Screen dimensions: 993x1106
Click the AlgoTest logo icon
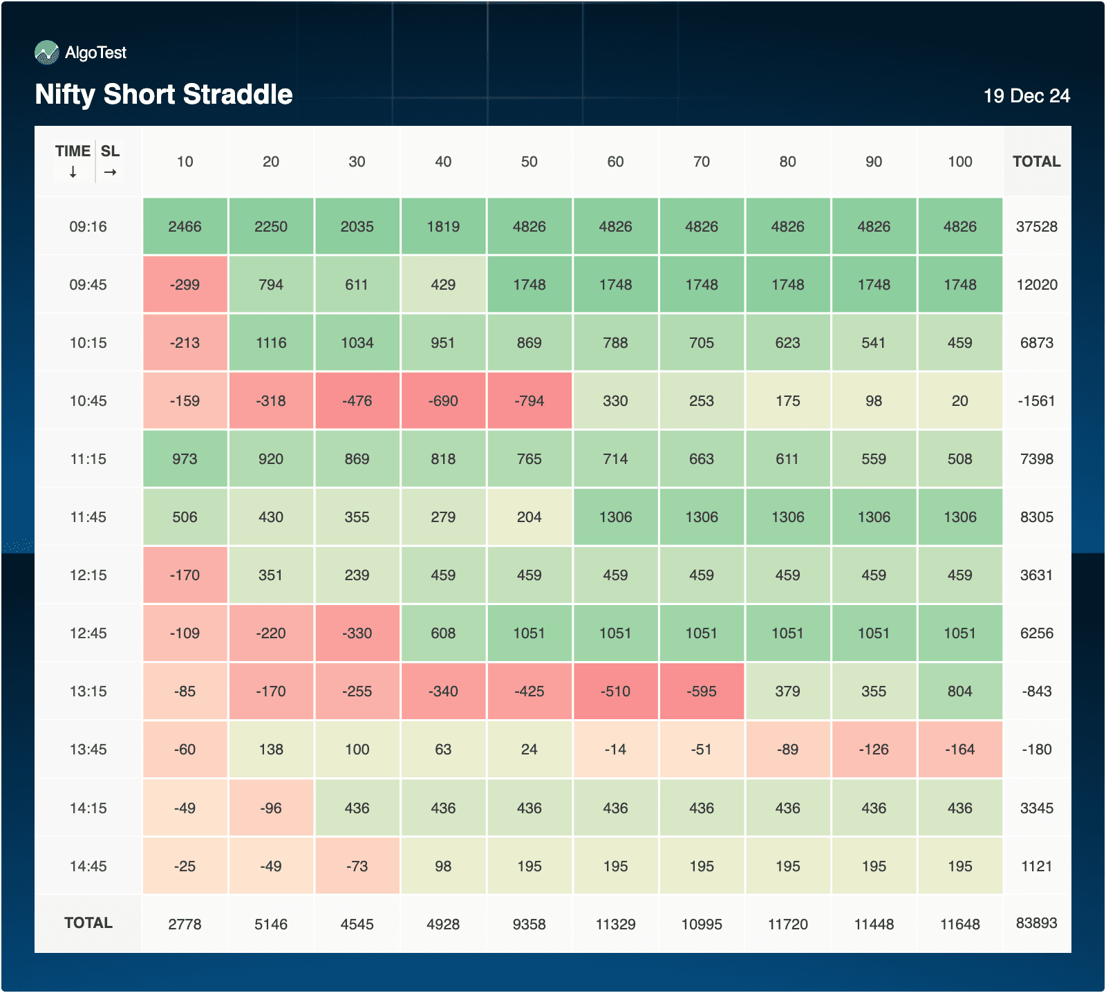point(47,53)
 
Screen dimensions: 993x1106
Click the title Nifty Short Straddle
point(164,94)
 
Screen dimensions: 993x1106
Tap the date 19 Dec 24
point(1027,96)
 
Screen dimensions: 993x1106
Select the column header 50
point(529,162)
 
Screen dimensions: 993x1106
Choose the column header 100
point(959,162)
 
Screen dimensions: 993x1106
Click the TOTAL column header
point(1036,162)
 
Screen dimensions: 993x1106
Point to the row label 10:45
point(88,401)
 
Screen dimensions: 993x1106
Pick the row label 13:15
point(88,692)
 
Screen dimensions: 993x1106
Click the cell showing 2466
point(185,227)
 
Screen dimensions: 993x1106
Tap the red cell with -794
point(529,401)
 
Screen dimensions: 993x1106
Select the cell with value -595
point(701,692)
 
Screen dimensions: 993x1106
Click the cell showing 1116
point(271,343)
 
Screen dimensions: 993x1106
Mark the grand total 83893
point(1036,923)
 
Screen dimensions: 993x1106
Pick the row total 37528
point(1036,227)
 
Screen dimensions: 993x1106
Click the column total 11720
point(787,925)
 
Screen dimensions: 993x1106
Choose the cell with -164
point(959,750)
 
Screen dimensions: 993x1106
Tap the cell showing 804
point(959,692)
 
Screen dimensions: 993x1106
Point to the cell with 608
point(443,633)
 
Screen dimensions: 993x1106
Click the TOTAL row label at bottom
point(88,923)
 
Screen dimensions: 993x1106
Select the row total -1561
point(1036,401)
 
